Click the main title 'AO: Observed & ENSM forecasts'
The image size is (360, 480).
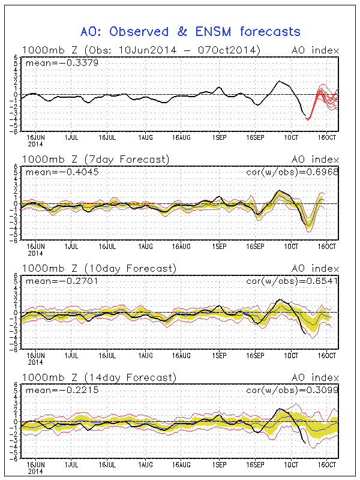coord(190,31)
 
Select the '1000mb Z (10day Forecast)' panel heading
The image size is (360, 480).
coord(98,268)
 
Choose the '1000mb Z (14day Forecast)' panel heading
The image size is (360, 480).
coord(98,377)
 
